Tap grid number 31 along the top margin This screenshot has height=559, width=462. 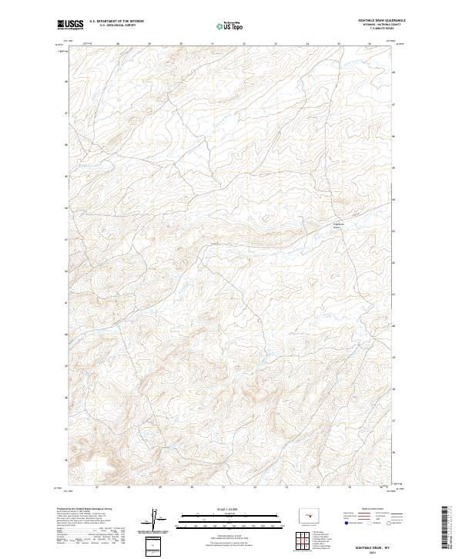pos(213,44)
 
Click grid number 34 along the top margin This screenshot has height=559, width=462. pos(307,44)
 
